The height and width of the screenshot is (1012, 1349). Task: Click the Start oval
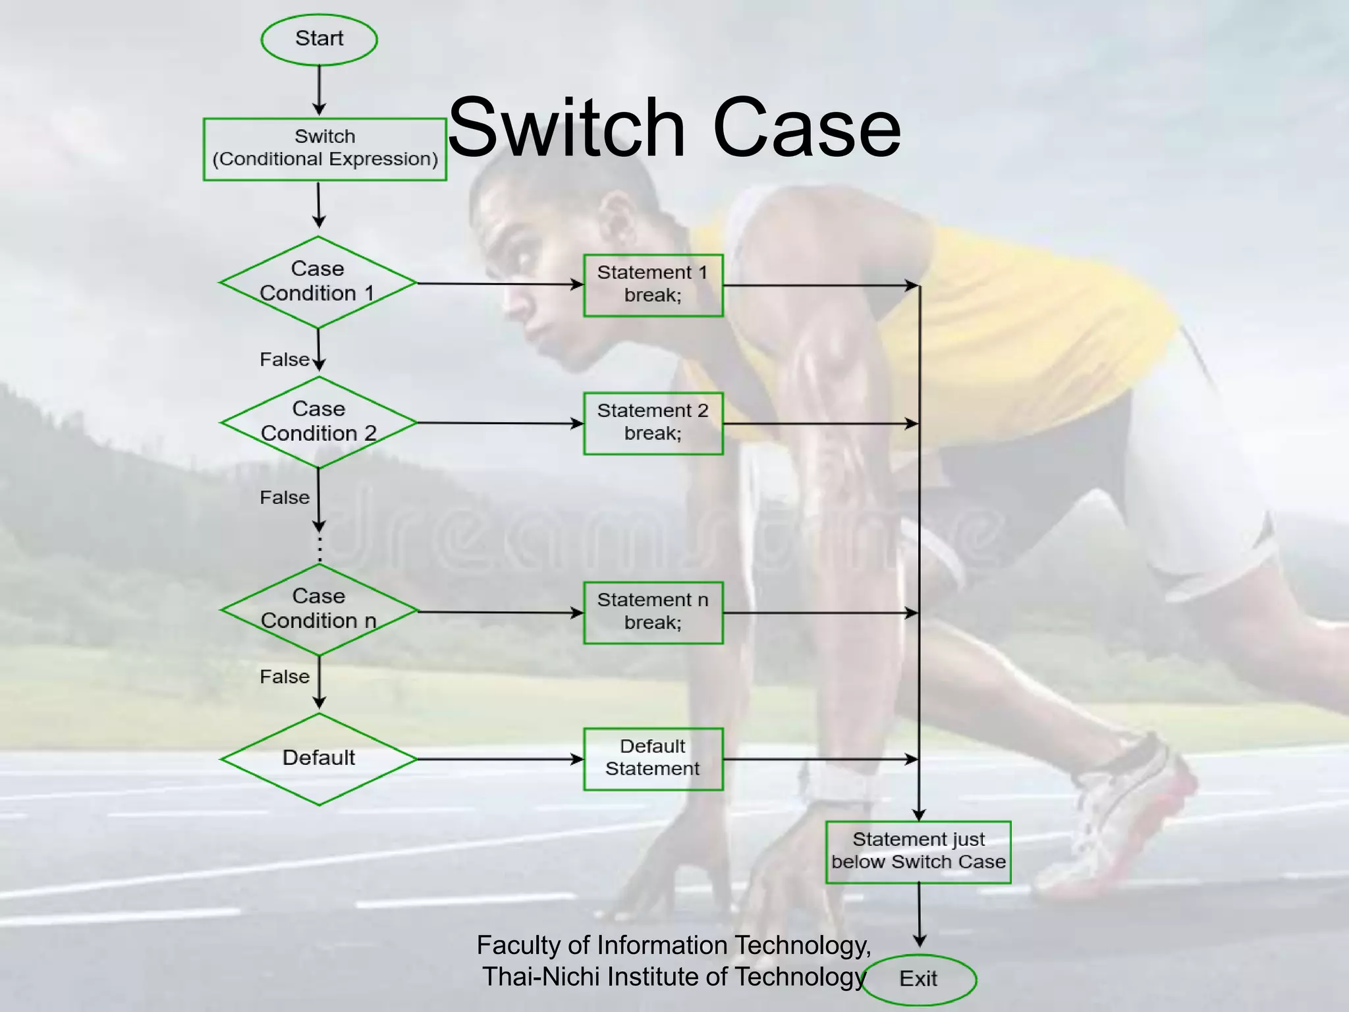pyautogui.click(x=319, y=40)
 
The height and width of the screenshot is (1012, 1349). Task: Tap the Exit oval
pyautogui.click(x=919, y=979)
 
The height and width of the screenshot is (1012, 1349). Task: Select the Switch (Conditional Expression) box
pyautogui.click(x=325, y=149)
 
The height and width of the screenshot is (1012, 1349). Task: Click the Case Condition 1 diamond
pyautogui.click(x=318, y=282)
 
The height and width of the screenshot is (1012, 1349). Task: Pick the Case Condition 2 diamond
pyautogui.click(x=319, y=422)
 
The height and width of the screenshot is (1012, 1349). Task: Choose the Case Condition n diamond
pyautogui.click(x=319, y=609)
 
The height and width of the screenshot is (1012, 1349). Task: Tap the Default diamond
pyautogui.click(x=319, y=758)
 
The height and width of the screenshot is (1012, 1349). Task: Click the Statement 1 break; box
pyautogui.click(x=653, y=285)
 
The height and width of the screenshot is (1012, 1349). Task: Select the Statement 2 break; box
pyautogui.click(x=653, y=423)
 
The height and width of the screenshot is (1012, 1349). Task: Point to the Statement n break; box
pyautogui.click(x=653, y=612)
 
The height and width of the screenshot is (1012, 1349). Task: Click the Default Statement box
pyautogui.click(x=653, y=758)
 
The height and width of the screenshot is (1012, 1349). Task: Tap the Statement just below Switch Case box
pyautogui.click(x=918, y=851)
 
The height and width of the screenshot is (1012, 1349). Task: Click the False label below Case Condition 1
pyautogui.click(x=285, y=360)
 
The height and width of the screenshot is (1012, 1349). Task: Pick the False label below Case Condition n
pyautogui.click(x=285, y=677)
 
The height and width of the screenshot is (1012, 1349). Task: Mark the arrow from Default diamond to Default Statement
pyautogui.click(x=500, y=759)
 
